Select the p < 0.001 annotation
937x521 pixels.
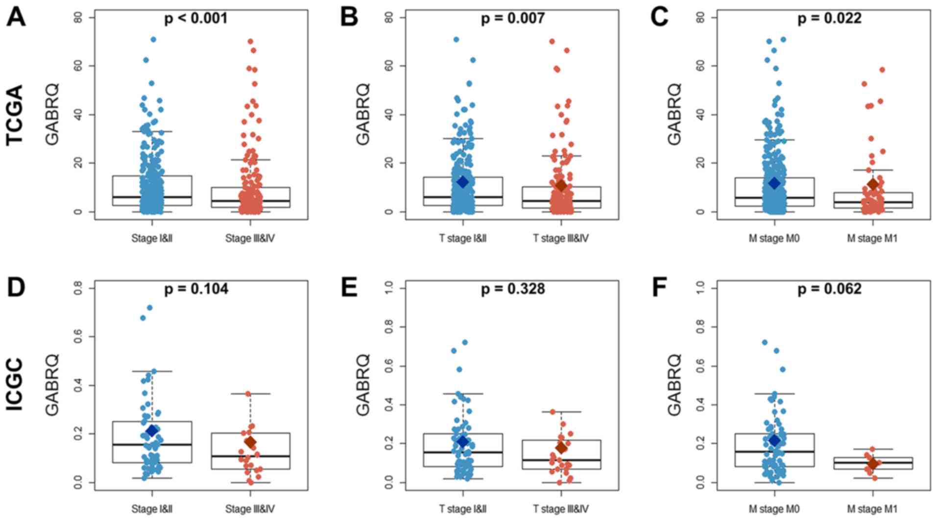(x=196, y=19)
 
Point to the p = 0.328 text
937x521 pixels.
(x=512, y=289)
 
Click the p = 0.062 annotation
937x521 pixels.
(x=829, y=289)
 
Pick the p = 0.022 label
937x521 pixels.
(x=829, y=19)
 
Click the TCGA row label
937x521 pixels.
(x=16, y=115)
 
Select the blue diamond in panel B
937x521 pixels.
(x=463, y=182)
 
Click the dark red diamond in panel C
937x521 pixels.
(x=873, y=184)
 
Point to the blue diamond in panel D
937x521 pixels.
(x=152, y=431)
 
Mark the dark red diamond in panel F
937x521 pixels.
(x=873, y=464)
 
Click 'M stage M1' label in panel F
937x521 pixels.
(x=872, y=509)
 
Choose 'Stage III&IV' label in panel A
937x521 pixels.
(x=250, y=239)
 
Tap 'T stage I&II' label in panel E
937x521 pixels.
(x=463, y=509)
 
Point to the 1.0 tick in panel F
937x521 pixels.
(x=700, y=288)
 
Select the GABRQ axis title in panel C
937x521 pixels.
(x=674, y=115)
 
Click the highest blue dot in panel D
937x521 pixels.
(x=150, y=308)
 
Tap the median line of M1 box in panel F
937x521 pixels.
(x=873, y=462)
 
